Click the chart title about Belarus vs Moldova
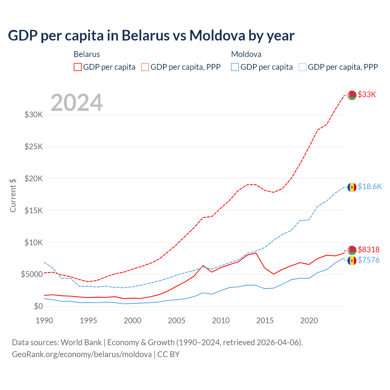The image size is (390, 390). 151,36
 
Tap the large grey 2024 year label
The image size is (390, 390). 77,103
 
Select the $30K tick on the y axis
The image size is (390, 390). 34,115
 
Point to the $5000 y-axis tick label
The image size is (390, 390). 32,275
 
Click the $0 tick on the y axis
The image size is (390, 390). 38,306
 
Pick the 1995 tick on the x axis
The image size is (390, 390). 88,321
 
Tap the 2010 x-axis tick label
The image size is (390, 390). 221,321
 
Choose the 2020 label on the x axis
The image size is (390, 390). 309,321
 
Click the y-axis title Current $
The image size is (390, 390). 13,195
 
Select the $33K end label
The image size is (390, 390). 367,95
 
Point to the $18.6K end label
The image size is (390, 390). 370,186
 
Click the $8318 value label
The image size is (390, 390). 369,250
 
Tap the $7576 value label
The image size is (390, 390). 369,260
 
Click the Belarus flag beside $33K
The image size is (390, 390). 352,95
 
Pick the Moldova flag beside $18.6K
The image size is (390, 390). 352,187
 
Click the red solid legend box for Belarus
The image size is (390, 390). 78,67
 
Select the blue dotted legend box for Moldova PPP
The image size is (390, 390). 303,67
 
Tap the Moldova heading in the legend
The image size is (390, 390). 246,54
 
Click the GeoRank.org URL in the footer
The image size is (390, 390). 82,354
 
